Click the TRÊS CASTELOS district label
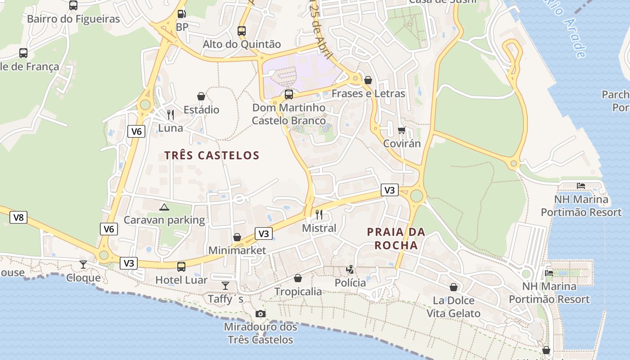[x=211, y=156]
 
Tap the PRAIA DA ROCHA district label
[x=396, y=239]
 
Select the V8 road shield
[x=18, y=218]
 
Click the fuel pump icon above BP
[x=181, y=14]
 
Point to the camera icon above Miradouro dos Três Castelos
[x=260, y=314]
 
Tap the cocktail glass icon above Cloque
[x=83, y=264]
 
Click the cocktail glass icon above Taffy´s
[x=225, y=285]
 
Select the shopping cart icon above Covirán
[x=401, y=130]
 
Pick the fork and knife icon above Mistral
[x=319, y=214]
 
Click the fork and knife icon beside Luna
[x=170, y=115]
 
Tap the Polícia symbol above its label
[x=350, y=270]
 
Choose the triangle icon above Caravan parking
[x=164, y=207]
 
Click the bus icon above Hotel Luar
[x=181, y=267]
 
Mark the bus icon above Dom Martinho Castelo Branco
[x=289, y=94]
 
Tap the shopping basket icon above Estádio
[x=201, y=96]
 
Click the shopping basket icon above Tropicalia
[x=298, y=279]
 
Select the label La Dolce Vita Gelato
[x=454, y=307]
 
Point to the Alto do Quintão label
[x=242, y=44]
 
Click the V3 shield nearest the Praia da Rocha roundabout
[x=389, y=190]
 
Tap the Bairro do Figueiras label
[x=73, y=19]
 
